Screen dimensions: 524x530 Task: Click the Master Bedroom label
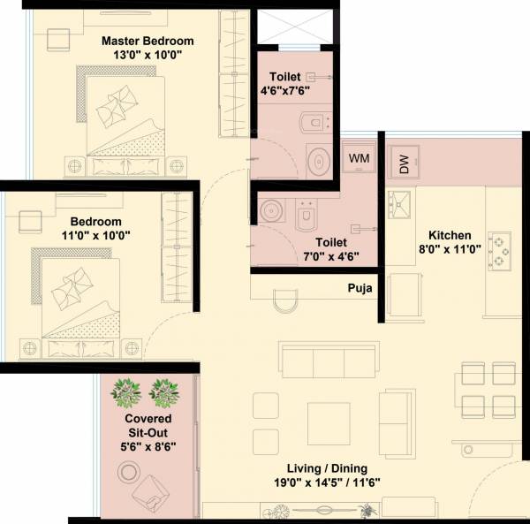[x=148, y=41]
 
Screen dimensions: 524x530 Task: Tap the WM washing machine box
[x=359, y=157]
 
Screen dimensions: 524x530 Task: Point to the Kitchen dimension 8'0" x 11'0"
[x=450, y=250]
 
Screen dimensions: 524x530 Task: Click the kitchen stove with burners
[x=501, y=249]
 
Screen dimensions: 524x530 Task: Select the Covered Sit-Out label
[x=148, y=425]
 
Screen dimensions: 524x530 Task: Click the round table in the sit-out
[x=128, y=473]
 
